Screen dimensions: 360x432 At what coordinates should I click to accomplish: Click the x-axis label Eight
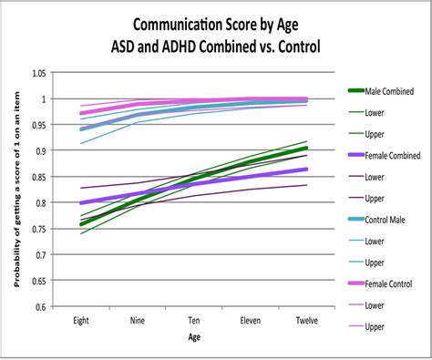[x=80, y=321]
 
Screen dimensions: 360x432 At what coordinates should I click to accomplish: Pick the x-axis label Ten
[x=194, y=321]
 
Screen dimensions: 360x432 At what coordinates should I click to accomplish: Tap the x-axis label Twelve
[x=307, y=321]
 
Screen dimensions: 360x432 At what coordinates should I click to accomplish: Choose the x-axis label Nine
[x=137, y=321]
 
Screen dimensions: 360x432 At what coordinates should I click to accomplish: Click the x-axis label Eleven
[x=251, y=321]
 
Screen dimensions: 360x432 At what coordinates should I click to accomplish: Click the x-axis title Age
[x=194, y=338]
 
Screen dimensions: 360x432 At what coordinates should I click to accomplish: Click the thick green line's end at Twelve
[x=307, y=148]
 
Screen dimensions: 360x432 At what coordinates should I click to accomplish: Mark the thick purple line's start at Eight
[x=81, y=203]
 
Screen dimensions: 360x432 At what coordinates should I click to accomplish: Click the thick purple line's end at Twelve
[x=307, y=170]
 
